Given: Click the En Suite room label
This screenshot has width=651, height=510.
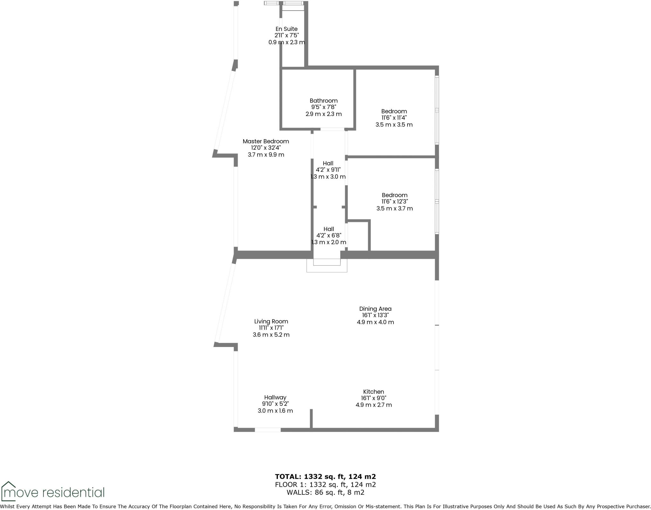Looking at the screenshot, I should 286,29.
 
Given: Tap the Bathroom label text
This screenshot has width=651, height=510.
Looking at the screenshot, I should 324,101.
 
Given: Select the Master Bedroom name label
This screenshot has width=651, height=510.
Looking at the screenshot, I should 266,141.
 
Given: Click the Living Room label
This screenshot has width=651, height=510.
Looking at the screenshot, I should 271,322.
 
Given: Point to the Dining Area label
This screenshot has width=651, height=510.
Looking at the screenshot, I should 375,309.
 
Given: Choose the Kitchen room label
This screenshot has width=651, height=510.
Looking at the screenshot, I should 373,392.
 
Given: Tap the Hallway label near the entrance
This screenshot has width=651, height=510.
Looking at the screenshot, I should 275,398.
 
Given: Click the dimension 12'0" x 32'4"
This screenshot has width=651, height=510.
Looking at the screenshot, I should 266,148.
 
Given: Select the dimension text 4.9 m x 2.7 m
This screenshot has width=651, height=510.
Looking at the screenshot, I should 373,405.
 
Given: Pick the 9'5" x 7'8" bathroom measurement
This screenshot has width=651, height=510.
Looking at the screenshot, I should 324,107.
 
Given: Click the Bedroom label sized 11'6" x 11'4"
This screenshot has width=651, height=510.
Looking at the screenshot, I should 394,111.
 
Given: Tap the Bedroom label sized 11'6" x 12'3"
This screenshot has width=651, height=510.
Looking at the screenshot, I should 394,195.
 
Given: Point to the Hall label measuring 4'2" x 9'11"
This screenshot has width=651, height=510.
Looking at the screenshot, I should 328,163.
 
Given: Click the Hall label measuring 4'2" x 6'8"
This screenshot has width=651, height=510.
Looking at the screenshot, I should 329,229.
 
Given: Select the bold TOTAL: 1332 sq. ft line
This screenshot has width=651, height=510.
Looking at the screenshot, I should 325,476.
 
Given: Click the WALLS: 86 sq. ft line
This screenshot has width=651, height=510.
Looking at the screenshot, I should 325,493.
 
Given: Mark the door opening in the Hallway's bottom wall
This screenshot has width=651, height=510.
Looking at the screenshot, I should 268,430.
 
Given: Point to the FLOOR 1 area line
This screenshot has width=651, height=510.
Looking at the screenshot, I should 325,485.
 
